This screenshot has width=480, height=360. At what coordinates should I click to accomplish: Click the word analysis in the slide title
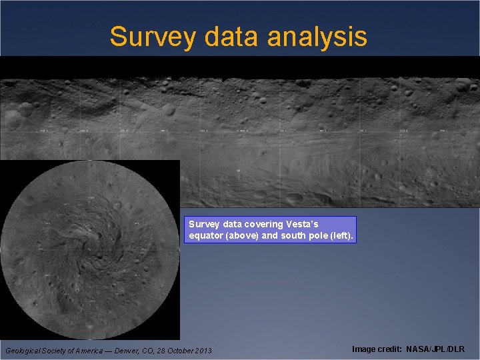tap(317, 37)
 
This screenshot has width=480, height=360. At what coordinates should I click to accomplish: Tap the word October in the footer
tap(175, 351)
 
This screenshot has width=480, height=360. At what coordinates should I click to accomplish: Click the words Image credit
tap(377, 349)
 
